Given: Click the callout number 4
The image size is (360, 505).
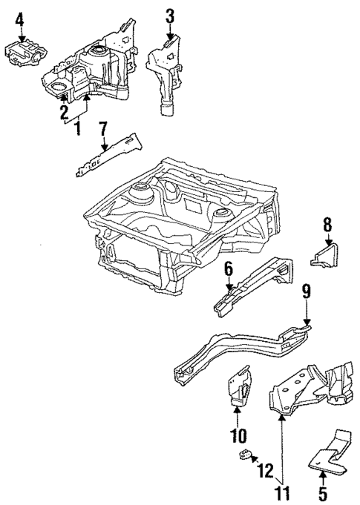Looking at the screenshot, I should point(20,16).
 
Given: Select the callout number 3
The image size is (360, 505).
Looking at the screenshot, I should point(170,14).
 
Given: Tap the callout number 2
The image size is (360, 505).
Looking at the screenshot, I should point(65,112).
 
